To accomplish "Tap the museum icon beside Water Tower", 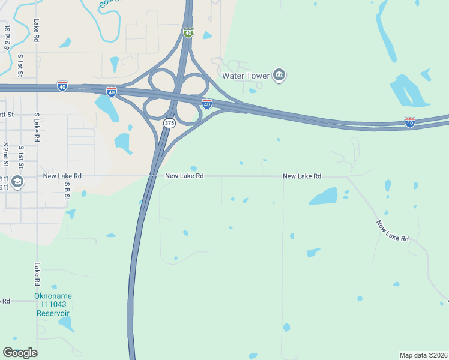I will click(279, 75).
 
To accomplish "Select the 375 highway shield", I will click(169, 123).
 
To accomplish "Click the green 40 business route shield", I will click(188, 32).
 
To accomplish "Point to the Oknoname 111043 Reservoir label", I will click(53, 305).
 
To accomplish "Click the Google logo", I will click(20, 353).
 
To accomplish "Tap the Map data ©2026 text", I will click(423, 355).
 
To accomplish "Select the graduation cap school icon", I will click(17, 181).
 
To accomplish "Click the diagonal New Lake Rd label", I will click(393, 231).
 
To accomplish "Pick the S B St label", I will click(67, 191).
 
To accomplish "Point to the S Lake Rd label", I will click(37, 127).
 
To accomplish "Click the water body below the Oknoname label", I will click(66, 324).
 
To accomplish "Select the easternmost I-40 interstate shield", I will click(410, 122).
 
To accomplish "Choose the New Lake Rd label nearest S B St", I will click(62, 176).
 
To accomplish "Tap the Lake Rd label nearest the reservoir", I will click(37, 274).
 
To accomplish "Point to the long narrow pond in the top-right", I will click(385, 36).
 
